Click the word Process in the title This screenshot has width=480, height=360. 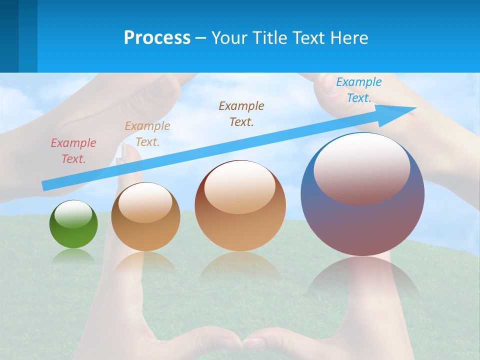tap(157, 38)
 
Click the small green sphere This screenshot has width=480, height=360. tap(73, 230)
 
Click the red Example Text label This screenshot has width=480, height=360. tap(73, 150)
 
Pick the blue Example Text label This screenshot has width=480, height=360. tap(359, 90)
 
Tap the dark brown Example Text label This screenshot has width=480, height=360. tap(241, 113)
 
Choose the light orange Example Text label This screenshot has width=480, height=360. tap(147, 133)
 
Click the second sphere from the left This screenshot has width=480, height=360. tap(145, 220)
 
